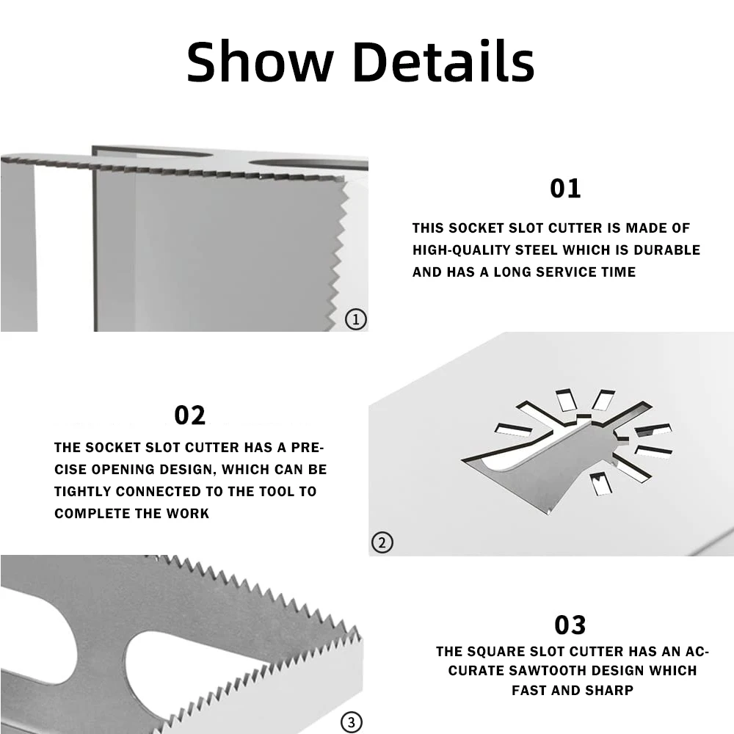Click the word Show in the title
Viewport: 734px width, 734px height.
(258, 62)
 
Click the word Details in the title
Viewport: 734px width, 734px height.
(443, 62)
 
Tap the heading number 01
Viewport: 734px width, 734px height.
(565, 189)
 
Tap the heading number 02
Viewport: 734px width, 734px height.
(189, 415)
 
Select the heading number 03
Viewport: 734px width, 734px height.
(570, 625)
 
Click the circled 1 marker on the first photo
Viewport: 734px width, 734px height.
(355, 319)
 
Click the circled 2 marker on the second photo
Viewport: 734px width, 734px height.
(382, 543)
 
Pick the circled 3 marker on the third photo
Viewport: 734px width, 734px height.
(351, 722)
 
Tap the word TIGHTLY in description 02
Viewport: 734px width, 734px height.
(82, 492)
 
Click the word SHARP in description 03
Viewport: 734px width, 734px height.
(610, 691)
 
